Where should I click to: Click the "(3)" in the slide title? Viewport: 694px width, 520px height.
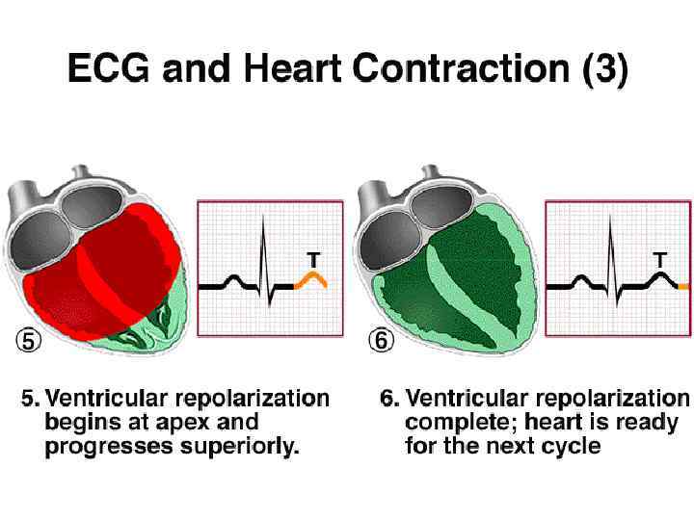[x=604, y=69]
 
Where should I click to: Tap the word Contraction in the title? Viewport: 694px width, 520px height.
[x=464, y=68]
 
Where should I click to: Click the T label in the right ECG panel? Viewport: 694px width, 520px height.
[x=660, y=259]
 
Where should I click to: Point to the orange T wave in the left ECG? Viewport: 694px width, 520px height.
[x=312, y=279]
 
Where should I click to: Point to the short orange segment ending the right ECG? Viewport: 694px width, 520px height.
[x=683, y=287]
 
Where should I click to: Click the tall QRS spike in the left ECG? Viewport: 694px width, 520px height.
[x=262, y=241]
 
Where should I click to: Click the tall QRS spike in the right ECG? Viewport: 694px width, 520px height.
[x=610, y=241]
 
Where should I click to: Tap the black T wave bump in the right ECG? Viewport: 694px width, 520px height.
[x=660, y=279]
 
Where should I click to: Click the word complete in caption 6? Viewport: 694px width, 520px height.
[x=451, y=422]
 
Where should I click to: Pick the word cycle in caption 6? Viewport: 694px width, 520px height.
[x=574, y=446]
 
